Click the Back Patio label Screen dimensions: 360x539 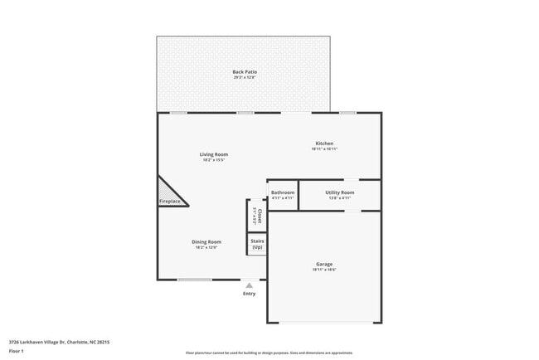tap(245, 72)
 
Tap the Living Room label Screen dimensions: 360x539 tap(213, 154)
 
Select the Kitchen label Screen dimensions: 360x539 tap(323, 143)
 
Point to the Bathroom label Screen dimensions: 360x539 tap(283, 192)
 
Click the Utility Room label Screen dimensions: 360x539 tap(339, 192)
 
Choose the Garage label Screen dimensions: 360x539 tap(323, 264)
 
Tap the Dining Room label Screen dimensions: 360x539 tap(208, 241)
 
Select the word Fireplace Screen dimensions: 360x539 tap(170, 202)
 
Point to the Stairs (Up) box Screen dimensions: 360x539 tap(257, 245)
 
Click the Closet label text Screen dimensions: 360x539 tap(259, 216)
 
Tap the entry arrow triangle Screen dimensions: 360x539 tap(249, 285)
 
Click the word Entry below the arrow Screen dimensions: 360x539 tap(249, 294)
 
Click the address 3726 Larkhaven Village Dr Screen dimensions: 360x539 tap(59, 342)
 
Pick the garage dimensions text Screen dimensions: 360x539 tap(323, 270)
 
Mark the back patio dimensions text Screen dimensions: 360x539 tap(245, 78)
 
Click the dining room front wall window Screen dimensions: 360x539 tap(194, 280)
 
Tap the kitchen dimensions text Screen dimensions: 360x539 tap(323, 148)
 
